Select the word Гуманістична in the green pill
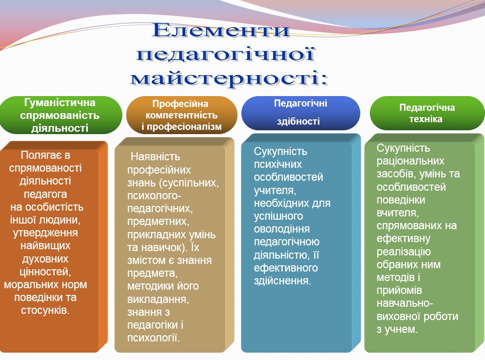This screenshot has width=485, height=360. (x=59, y=103)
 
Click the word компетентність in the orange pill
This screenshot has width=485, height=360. (x=181, y=115)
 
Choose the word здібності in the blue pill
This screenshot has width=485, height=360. (x=298, y=121)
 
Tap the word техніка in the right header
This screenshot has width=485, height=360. (x=426, y=119)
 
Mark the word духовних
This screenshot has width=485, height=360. (x=45, y=259)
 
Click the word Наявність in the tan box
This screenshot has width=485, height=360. (x=155, y=157)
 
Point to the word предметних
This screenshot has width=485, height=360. (x=151, y=222)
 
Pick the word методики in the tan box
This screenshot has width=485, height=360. (x=148, y=286)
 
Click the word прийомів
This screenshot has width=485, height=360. (x=397, y=291)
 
